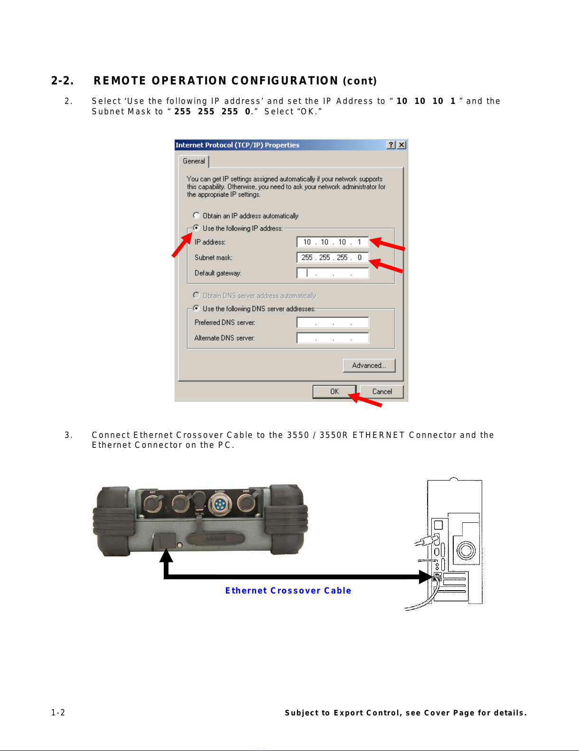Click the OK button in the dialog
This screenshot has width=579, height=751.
pyautogui.click(x=334, y=391)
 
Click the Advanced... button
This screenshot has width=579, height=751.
pyautogui.click(x=369, y=365)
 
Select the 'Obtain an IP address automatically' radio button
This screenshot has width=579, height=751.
pyautogui.click(x=196, y=215)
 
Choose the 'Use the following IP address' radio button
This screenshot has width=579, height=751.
pyautogui.click(x=196, y=228)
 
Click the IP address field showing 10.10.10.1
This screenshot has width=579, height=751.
pyautogui.click(x=333, y=242)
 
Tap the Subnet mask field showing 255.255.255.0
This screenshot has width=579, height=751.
pyautogui.click(x=333, y=258)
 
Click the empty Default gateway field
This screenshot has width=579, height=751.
pyautogui.click(x=333, y=273)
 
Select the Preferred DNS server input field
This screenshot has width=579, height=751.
pyautogui.click(x=333, y=323)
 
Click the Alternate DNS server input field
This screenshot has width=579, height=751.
pyautogui.click(x=333, y=338)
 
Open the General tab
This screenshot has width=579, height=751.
pyautogui.click(x=194, y=161)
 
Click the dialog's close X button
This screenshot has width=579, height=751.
pyautogui.click(x=402, y=145)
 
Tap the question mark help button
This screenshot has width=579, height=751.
pyautogui.click(x=391, y=145)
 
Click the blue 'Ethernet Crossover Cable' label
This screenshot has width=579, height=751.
pyautogui.click(x=288, y=591)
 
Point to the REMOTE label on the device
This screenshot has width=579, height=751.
pyautogui.click(x=215, y=539)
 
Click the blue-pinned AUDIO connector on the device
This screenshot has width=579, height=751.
pyautogui.click(x=219, y=505)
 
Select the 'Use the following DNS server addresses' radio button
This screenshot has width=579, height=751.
pyautogui.click(x=196, y=308)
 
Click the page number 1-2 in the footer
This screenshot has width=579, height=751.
pyautogui.click(x=58, y=713)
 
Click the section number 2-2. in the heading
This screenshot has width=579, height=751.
pyautogui.click(x=63, y=81)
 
